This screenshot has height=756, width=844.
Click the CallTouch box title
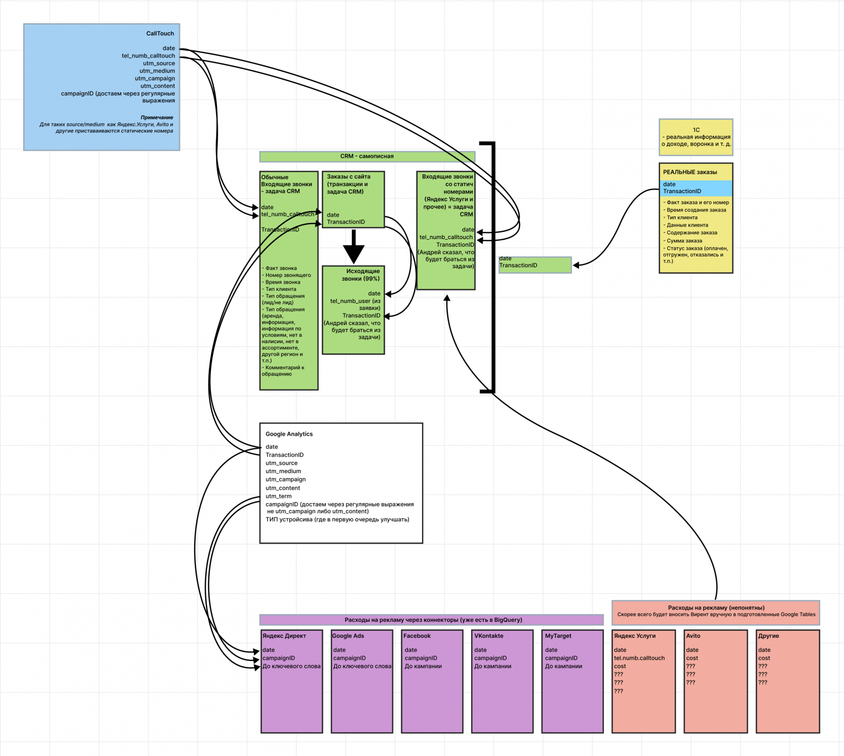click(160, 33)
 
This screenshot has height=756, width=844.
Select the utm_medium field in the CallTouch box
click(157, 71)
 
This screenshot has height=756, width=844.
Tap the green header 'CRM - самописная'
click(367, 156)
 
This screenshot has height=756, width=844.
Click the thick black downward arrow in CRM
click(353, 247)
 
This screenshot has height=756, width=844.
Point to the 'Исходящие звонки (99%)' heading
click(361, 275)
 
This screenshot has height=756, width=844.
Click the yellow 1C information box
click(696, 137)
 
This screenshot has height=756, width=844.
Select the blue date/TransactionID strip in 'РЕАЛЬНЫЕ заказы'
click(696, 188)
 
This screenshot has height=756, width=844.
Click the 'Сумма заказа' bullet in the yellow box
click(684, 241)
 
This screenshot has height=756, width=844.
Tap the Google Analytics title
click(289, 434)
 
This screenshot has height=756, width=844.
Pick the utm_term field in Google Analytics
click(279, 496)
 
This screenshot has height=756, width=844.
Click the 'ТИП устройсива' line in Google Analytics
click(337, 519)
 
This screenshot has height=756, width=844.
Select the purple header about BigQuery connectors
click(431, 620)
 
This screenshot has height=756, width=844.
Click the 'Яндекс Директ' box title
click(284, 636)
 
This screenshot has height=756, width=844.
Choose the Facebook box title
click(417, 636)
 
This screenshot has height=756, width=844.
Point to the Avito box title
click(693, 636)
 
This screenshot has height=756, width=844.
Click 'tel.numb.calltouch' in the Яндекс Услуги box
click(639, 658)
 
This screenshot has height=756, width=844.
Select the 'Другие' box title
click(768, 636)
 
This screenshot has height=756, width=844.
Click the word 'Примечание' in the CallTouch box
click(157, 117)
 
